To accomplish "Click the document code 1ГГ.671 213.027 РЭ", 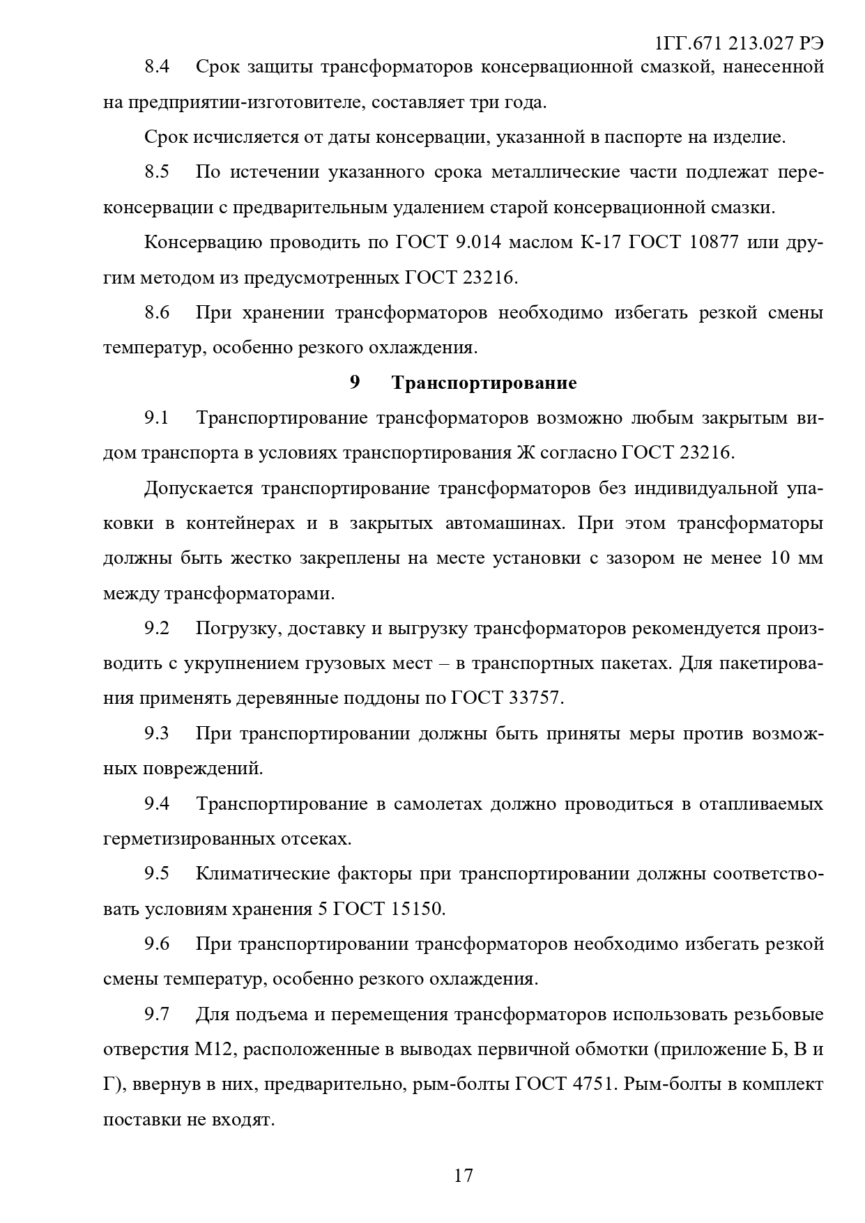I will (x=739, y=43).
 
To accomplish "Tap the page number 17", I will (x=464, y=1176).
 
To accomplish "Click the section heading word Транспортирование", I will (x=484, y=383).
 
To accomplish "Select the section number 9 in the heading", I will (x=355, y=383).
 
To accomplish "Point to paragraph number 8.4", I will (x=157, y=67).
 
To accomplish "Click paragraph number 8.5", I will (x=157, y=172).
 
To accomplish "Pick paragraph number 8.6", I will (x=157, y=312).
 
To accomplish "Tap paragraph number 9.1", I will (x=157, y=417).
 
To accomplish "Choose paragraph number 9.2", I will (x=157, y=628).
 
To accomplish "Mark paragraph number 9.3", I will (x=157, y=733).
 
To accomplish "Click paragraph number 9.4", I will (x=157, y=803).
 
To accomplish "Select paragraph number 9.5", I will (x=157, y=874).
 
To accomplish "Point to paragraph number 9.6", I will (x=157, y=944).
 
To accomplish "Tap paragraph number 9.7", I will (x=157, y=1014).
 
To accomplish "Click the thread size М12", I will (x=207, y=1049).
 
